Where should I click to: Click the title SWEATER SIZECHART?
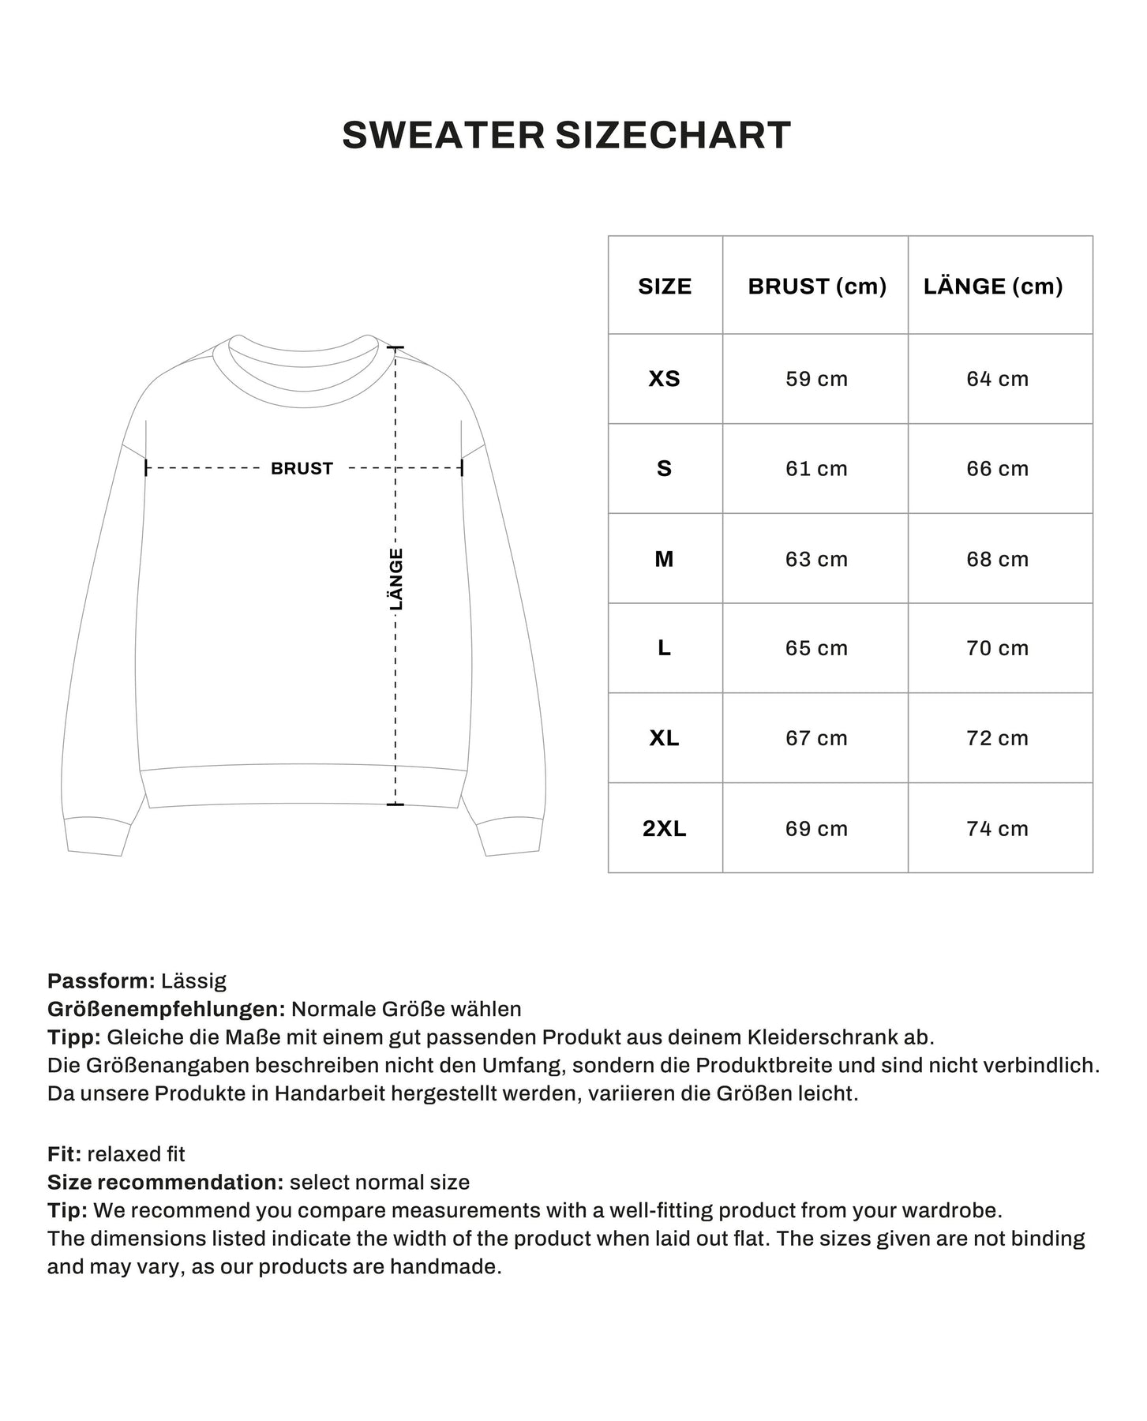[566, 135]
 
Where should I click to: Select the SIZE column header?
[665, 286]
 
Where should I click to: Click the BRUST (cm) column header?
[816, 286]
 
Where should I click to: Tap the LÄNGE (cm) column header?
[992, 286]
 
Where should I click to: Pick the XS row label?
[665, 379]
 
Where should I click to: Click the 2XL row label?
[665, 828]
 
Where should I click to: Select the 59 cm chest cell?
[816, 379]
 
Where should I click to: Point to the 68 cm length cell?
[997, 559]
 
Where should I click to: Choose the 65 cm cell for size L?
[816, 648]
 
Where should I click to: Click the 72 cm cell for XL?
[997, 738]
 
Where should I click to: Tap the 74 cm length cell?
[997, 828]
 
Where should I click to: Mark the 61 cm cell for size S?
[816, 468]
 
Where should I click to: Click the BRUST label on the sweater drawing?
[302, 468]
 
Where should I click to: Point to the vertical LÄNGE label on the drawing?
[396, 579]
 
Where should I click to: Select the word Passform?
[101, 981]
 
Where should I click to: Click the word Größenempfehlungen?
[166, 1009]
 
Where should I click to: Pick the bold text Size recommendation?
[165, 1182]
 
